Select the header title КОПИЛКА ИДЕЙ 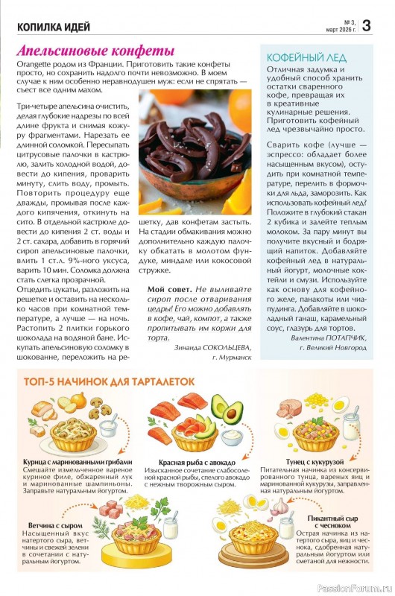click(54, 28)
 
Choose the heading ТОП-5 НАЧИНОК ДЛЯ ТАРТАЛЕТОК click(110, 381)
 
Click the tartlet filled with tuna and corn click(315, 433)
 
